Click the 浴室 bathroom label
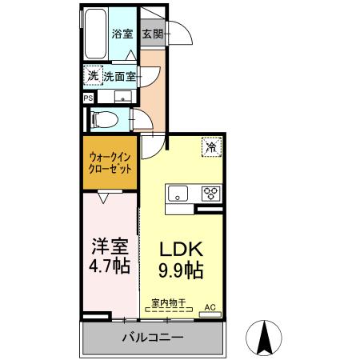coord(122,34)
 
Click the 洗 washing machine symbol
coord(92,76)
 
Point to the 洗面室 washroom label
coord(119,76)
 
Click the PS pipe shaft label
coord(87,98)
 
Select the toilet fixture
coord(103,121)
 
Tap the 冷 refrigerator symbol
coord(210,146)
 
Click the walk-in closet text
coord(110,164)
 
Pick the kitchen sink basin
coord(177,193)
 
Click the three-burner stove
coord(210,193)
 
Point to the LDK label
coord(183,249)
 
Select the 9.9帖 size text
coord(183,270)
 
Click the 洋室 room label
coord(108,246)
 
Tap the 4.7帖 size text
coord(108,266)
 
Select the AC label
coord(210,306)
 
